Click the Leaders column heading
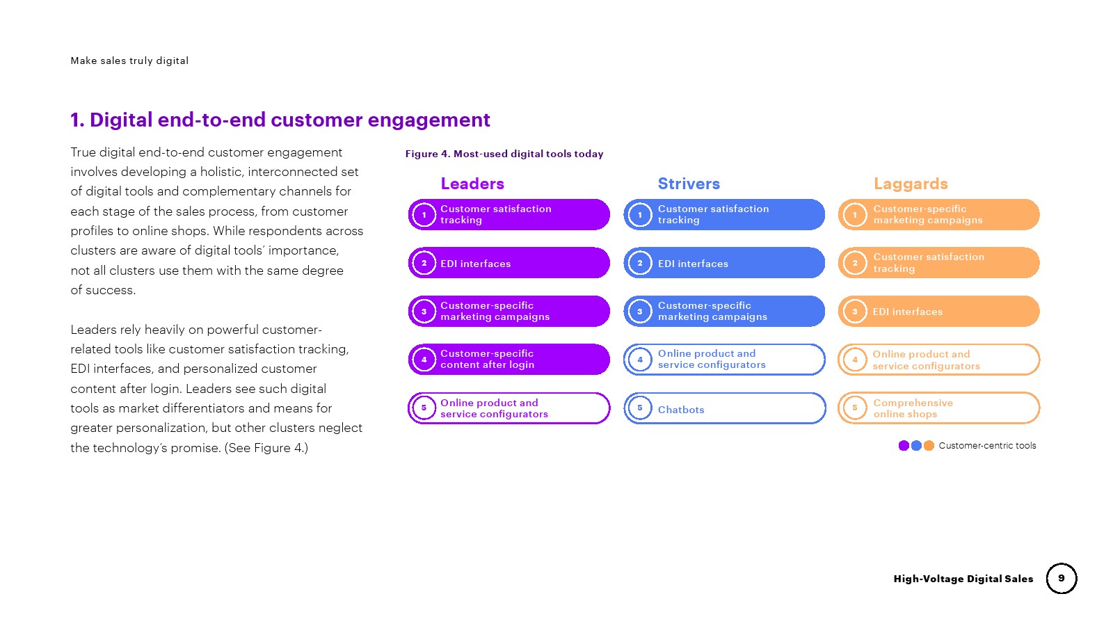[472, 184]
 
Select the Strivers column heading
[689, 184]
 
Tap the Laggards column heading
[911, 184]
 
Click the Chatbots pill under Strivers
[724, 408]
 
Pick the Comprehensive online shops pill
[938, 408]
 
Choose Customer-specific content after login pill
[509, 359]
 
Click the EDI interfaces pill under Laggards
[938, 312]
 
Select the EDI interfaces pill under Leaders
[509, 263]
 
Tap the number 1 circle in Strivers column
[640, 215]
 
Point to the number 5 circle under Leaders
[424, 408]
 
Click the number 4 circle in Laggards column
[855, 360]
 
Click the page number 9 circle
[1062, 578]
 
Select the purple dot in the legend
[904, 446]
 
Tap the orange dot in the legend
[929, 446]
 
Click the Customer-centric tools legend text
[987, 446]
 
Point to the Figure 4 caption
[504, 154]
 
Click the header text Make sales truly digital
[129, 61]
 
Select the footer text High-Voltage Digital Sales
[963, 579]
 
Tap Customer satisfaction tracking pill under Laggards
[938, 263]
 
